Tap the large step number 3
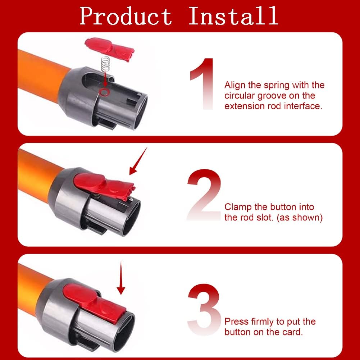point(204,309)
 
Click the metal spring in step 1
point(106,64)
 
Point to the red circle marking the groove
point(104,92)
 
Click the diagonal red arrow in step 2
point(138,161)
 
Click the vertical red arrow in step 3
point(121,278)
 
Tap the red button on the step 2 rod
point(104,186)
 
